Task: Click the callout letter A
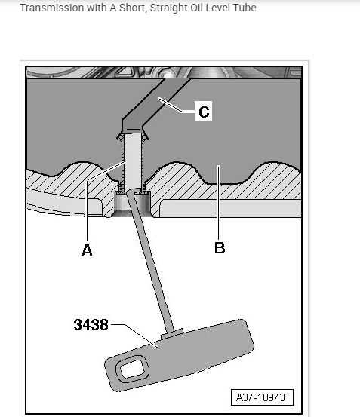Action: coord(87,250)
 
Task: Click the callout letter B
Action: coord(220,247)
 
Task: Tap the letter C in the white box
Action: coord(204,112)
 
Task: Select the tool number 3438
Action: coord(91,325)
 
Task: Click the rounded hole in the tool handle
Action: coord(132,369)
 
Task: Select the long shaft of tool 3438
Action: coord(150,262)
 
